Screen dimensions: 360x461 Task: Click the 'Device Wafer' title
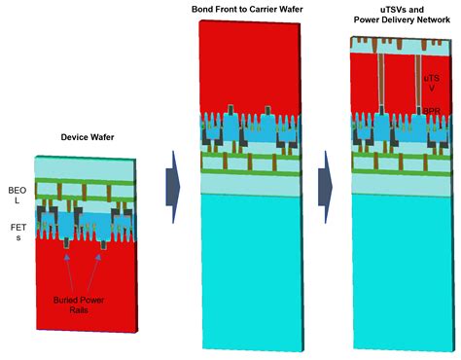click(82, 137)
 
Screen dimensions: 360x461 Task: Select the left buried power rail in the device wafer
click(65, 248)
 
